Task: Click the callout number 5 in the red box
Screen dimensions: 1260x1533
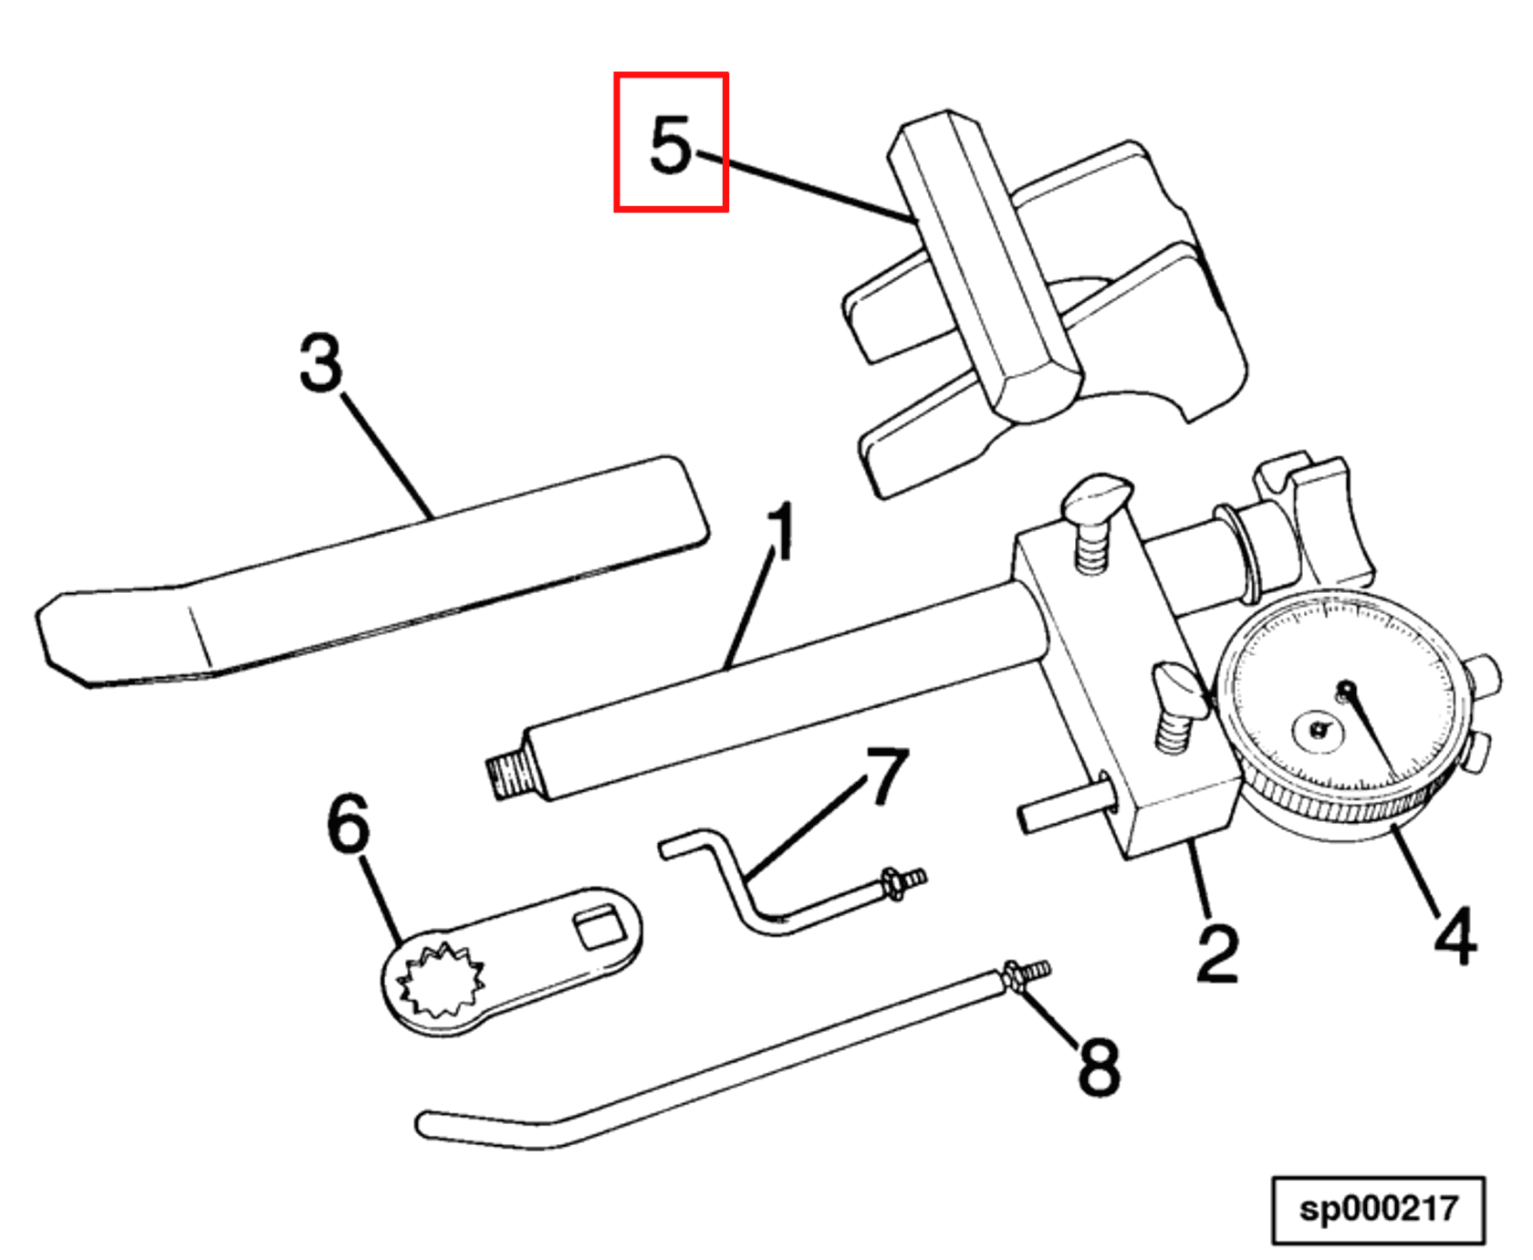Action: pos(671,144)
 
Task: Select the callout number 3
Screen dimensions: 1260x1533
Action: pos(321,363)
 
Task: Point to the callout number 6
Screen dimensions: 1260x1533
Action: pos(349,824)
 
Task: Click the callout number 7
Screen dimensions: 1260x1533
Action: pos(887,776)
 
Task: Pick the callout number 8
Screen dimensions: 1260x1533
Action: pos(1099,1066)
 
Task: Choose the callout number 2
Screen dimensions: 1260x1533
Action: pos(1217,953)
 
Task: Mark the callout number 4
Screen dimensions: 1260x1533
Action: pos(1455,935)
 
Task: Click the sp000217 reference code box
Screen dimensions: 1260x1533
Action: pos(1378,1210)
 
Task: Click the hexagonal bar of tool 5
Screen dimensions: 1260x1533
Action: pos(985,265)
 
